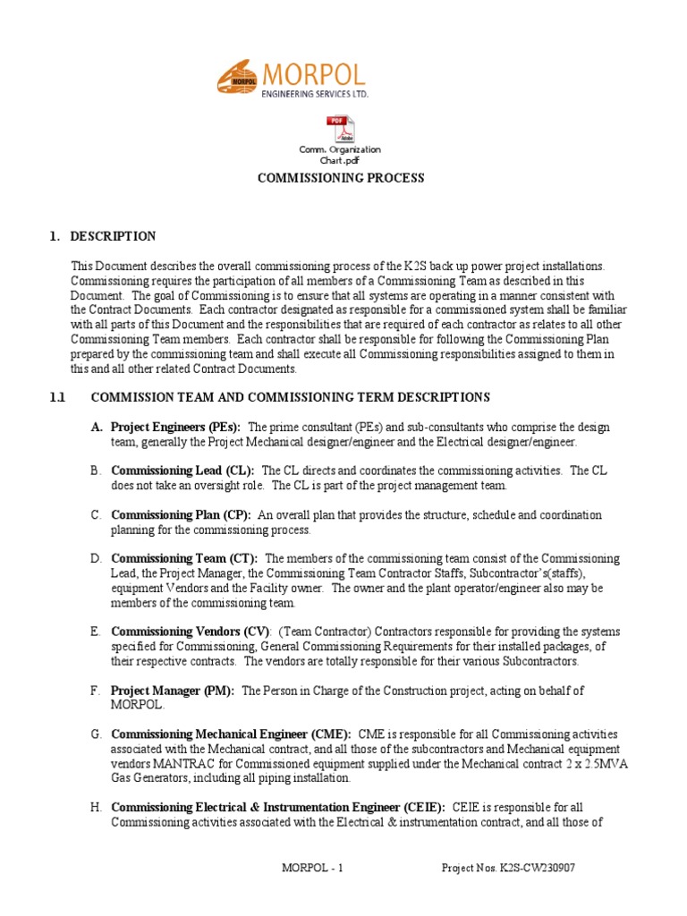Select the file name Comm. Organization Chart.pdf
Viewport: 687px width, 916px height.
click(339, 155)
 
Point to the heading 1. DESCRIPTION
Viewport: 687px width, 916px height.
click(103, 236)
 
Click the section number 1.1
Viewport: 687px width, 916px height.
click(58, 397)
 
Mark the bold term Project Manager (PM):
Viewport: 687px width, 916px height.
click(173, 691)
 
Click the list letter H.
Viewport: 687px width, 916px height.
click(95, 807)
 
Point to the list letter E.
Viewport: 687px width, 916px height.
click(95, 632)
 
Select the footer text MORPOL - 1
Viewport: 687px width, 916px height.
click(313, 869)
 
